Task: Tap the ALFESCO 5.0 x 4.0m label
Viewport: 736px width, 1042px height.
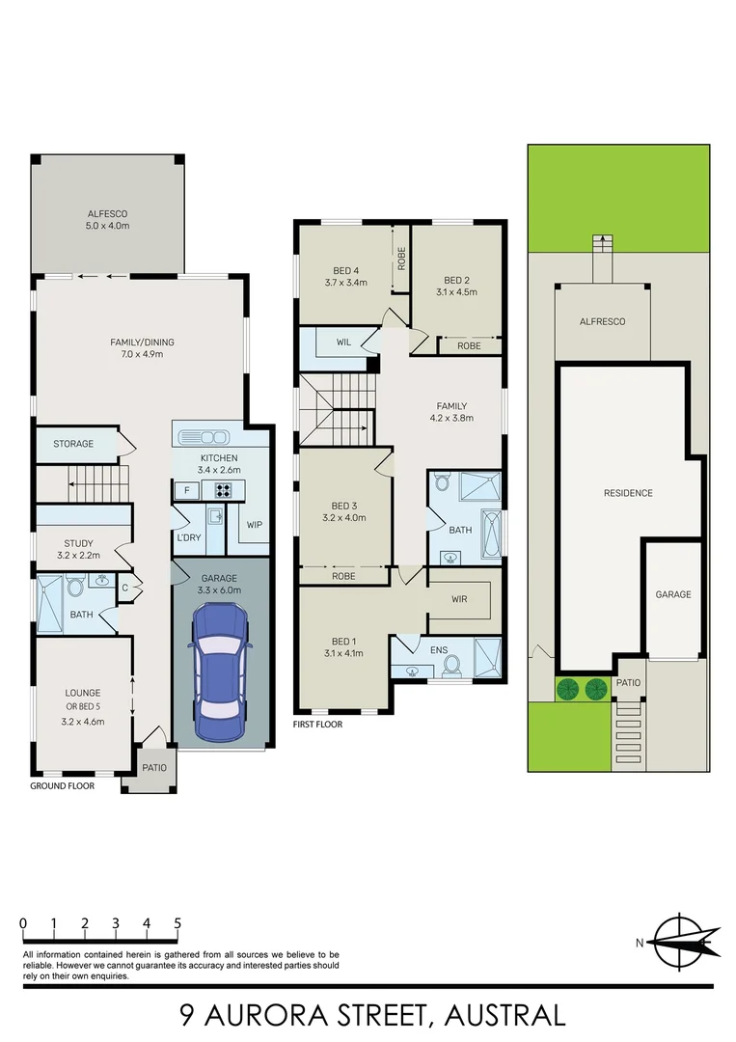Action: click(108, 219)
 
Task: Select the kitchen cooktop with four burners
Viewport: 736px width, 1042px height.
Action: click(224, 490)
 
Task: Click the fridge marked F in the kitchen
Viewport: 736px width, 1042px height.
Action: click(187, 490)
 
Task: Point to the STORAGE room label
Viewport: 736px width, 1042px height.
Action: click(73, 444)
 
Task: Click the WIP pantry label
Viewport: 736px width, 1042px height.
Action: click(255, 525)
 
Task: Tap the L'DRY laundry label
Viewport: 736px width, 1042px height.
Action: click(189, 536)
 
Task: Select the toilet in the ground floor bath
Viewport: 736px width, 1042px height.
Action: click(75, 586)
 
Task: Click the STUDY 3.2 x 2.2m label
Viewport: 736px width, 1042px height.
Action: click(79, 549)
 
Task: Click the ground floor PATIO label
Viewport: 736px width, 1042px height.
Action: click(154, 768)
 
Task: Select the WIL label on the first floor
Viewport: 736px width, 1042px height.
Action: click(342, 342)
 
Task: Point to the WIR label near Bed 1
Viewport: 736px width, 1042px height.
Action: click(459, 599)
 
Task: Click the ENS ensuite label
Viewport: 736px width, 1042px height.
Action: click(439, 649)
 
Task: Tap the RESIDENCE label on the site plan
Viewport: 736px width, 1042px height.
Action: click(628, 493)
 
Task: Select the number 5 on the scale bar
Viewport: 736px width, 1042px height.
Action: click(177, 923)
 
